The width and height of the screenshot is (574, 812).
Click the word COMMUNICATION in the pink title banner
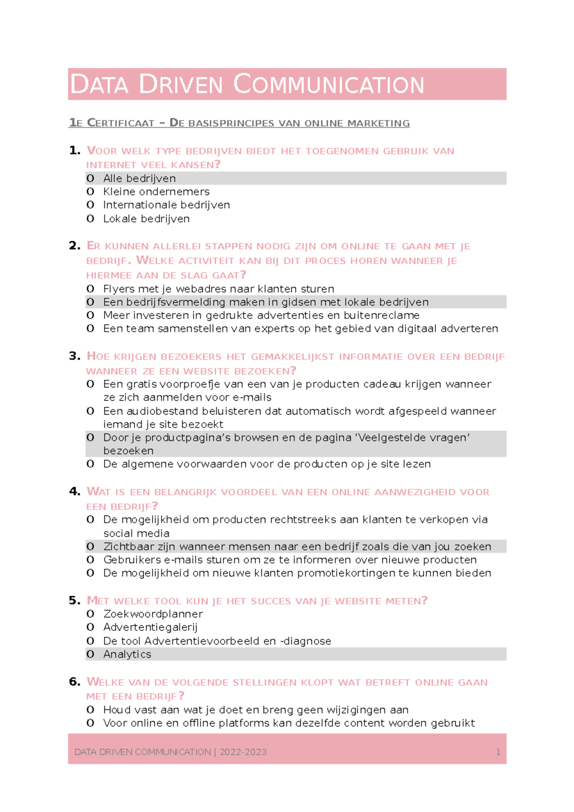[x=329, y=85]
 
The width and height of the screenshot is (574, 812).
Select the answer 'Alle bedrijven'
[x=139, y=178]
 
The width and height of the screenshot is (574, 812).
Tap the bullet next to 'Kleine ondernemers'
[x=90, y=192]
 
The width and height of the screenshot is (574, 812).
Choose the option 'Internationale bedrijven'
[x=166, y=205]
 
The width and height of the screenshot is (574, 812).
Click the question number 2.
[x=74, y=246]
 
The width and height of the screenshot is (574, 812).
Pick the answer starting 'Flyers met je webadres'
[x=219, y=289]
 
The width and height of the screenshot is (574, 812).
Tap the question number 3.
[x=74, y=356]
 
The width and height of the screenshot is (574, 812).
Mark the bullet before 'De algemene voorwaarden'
[x=90, y=464]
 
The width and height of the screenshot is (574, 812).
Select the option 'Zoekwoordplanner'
[x=153, y=614]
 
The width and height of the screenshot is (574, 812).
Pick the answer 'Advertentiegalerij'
[x=150, y=627]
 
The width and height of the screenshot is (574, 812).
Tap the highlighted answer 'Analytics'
[x=127, y=654]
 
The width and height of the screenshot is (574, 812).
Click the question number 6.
[x=74, y=681]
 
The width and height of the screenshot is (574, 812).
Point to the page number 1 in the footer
[x=498, y=752]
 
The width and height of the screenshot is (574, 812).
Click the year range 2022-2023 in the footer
[x=243, y=752]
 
